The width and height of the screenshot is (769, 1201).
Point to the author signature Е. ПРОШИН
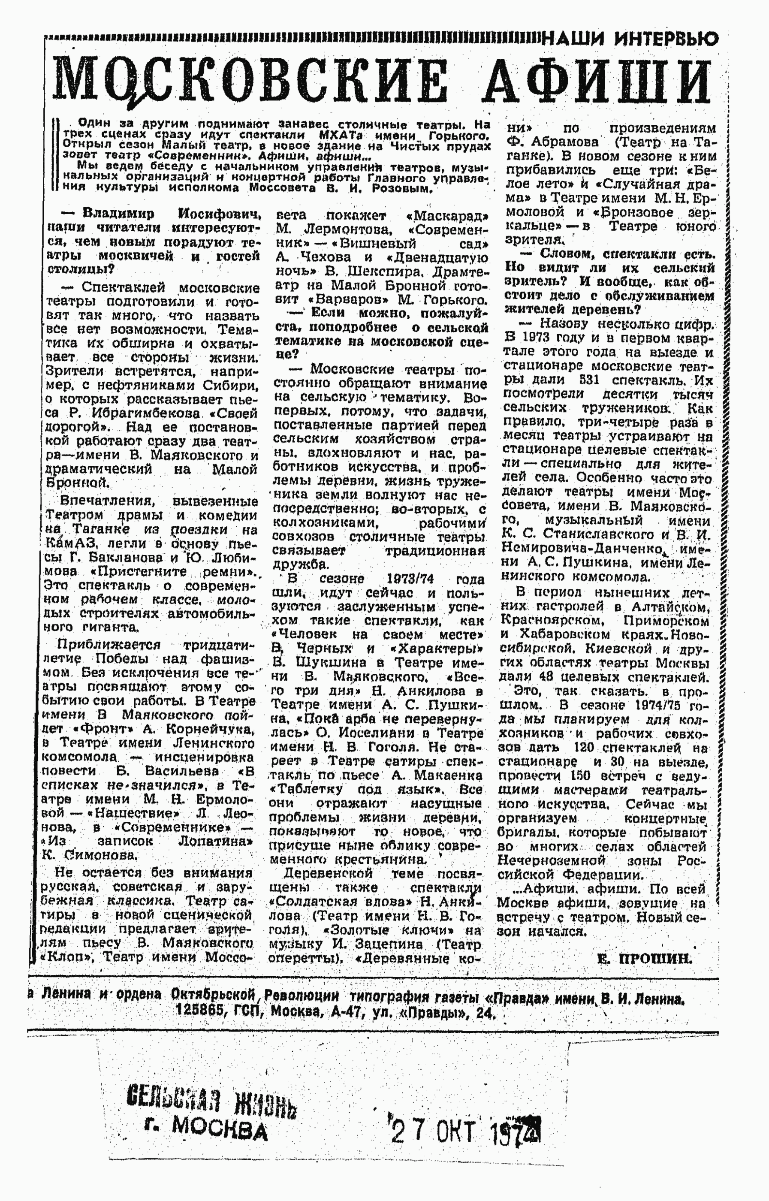pyautogui.click(x=644, y=959)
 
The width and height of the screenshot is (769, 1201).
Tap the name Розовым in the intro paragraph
pyautogui.click(x=404, y=189)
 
